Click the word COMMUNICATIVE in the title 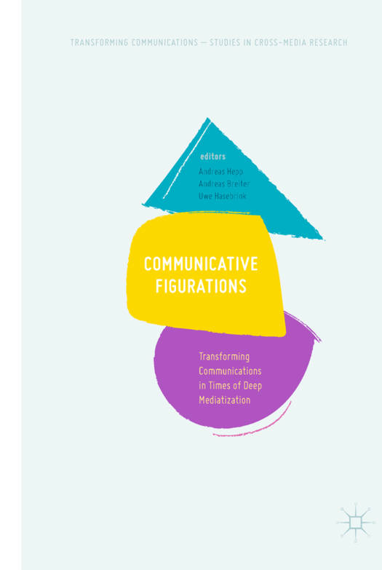[x=201, y=264]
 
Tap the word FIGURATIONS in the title [x=201, y=286]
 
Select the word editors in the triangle [x=212, y=157]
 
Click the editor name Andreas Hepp [x=220, y=171]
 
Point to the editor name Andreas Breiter [x=224, y=183]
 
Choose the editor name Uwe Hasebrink [x=223, y=196]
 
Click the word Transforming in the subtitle [x=224, y=357]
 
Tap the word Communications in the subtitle [x=230, y=371]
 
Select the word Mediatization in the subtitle [x=225, y=400]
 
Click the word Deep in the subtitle [x=252, y=386]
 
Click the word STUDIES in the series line [x=225, y=42]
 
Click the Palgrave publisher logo [x=356, y=523]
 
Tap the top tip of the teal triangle [x=208, y=118]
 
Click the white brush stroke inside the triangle [x=186, y=160]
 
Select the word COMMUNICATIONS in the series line [x=164, y=42]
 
